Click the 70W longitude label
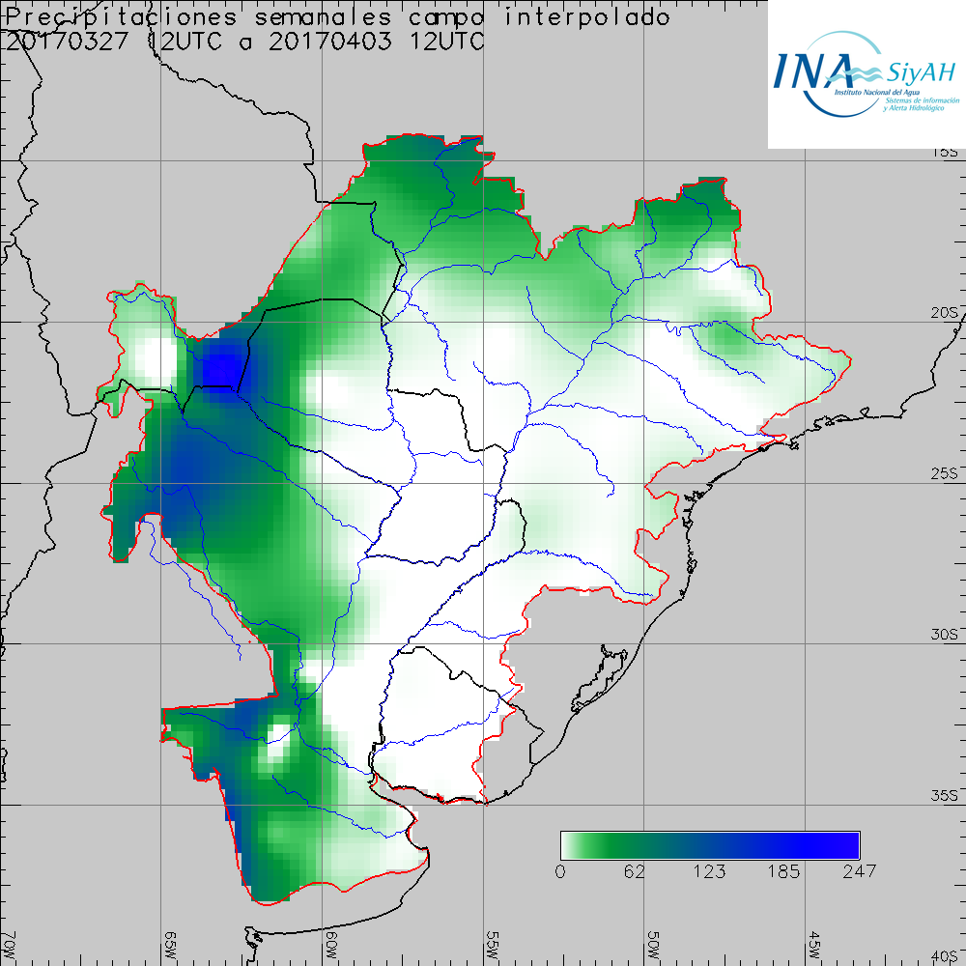click(10, 942)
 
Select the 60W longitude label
click(330, 942)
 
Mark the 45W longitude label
click(813, 942)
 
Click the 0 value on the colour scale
click(561, 871)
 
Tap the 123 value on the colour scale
click(710, 871)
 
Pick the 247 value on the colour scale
click(859, 871)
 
